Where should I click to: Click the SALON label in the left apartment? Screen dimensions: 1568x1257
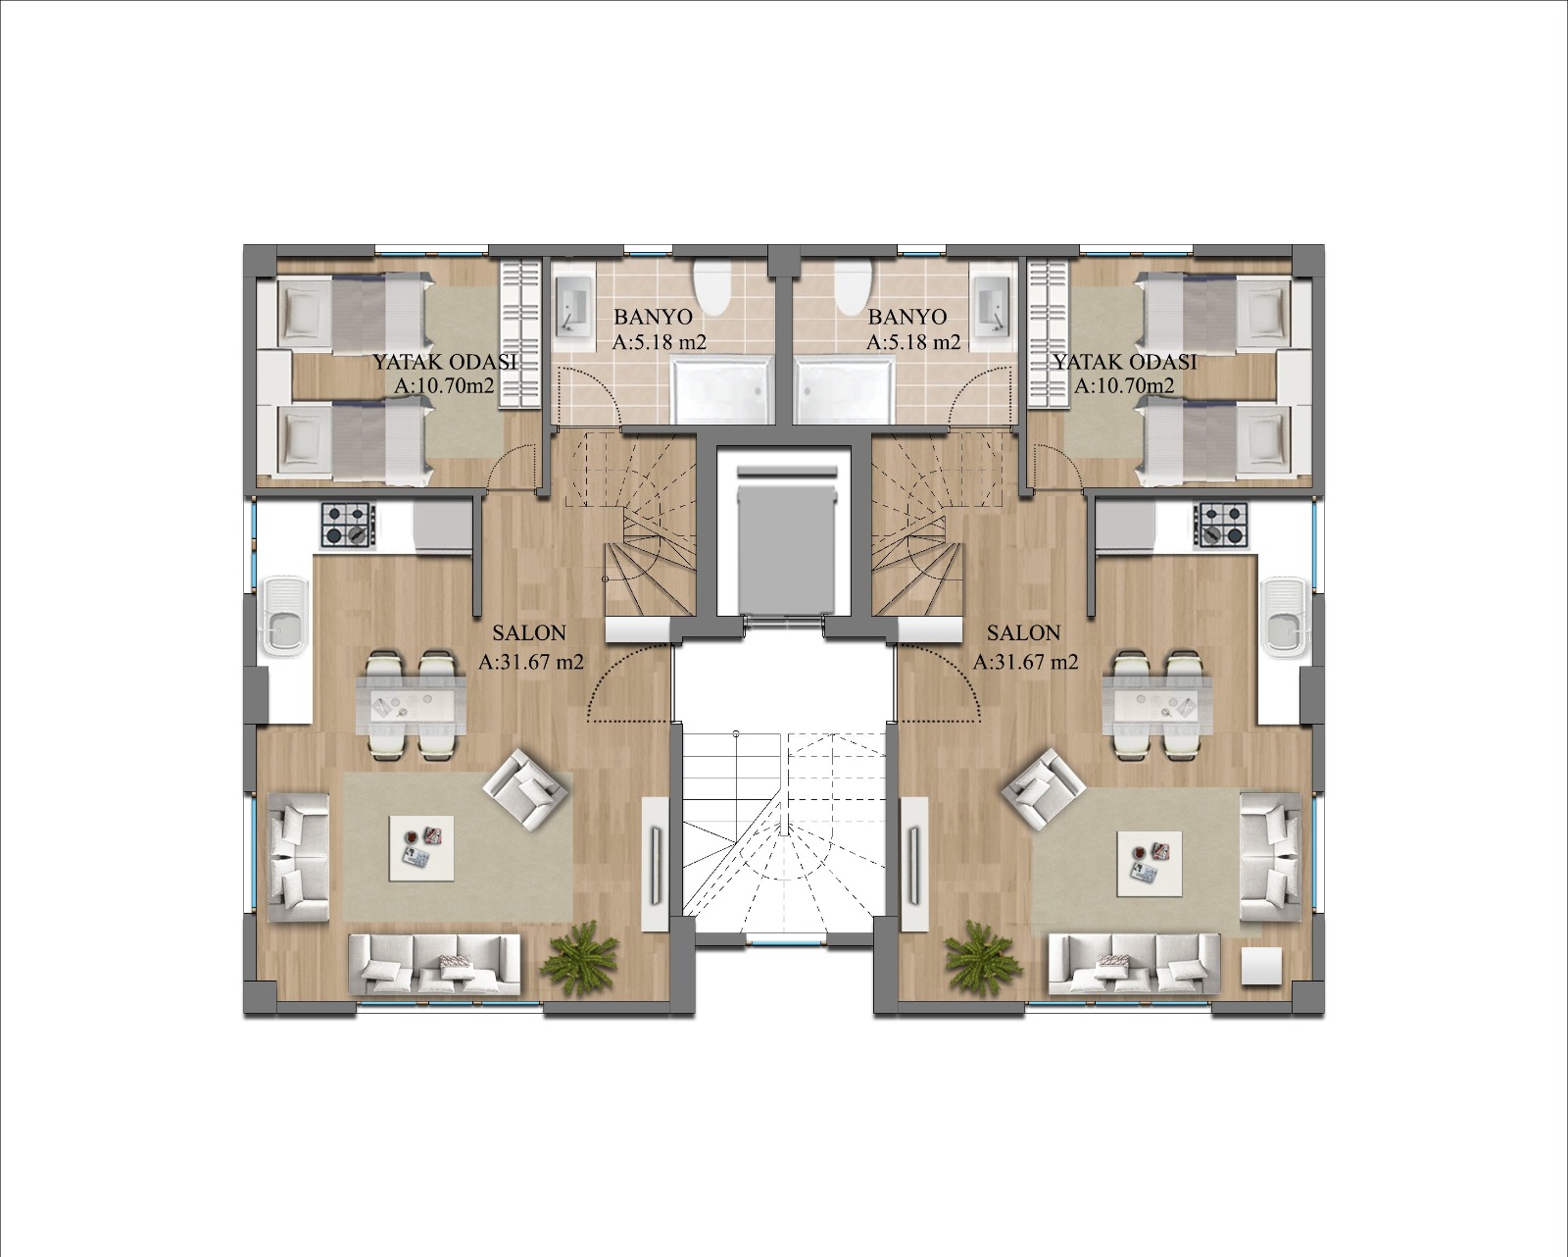[528, 632]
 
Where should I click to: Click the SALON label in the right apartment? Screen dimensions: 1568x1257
[1023, 632]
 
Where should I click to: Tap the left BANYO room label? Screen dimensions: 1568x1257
[652, 317]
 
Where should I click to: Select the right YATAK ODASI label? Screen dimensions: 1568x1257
[1125, 361]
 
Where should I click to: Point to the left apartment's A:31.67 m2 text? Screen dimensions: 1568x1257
[530, 662]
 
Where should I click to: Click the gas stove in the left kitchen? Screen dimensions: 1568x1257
[348, 525]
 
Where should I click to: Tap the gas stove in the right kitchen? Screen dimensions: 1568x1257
[1220, 525]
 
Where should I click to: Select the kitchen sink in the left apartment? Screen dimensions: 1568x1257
[286, 616]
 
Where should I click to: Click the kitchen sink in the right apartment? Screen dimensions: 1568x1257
[1284, 616]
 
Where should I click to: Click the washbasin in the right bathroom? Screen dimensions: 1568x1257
[993, 306]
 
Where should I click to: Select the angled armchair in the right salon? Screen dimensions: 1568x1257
[1043, 789]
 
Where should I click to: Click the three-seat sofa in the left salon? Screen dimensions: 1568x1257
[435, 965]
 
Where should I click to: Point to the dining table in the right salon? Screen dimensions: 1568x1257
[1157, 703]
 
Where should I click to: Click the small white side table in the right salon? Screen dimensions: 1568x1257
[1262, 967]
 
